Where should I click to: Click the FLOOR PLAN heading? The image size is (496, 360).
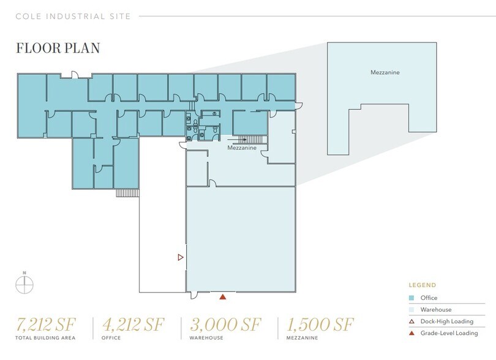(x=58, y=48)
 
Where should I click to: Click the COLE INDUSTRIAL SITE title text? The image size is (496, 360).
(x=73, y=16)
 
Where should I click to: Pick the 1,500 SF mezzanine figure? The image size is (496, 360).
(x=319, y=324)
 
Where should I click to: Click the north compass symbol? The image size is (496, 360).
(x=24, y=284)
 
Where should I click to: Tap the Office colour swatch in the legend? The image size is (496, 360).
(x=412, y=298)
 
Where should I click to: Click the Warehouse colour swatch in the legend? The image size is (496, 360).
(x=412, y=310)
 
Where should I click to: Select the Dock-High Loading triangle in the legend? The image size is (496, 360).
(x=412, y=321)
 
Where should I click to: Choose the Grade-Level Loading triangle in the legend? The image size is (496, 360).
(x=412, y=333)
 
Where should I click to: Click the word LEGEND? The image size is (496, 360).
(x=423, y=285)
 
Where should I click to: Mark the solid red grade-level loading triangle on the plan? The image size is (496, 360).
(x=223, y=297)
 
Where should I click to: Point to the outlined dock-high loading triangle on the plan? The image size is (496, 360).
(x=180, y=258)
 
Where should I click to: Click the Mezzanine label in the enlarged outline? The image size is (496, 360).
(x=385, y=72)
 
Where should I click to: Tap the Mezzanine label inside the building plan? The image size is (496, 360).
(x=242, y=148)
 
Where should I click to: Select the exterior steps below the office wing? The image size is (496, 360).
(x=127, y=192)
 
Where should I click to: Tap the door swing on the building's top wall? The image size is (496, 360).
(x=73, y=75)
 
